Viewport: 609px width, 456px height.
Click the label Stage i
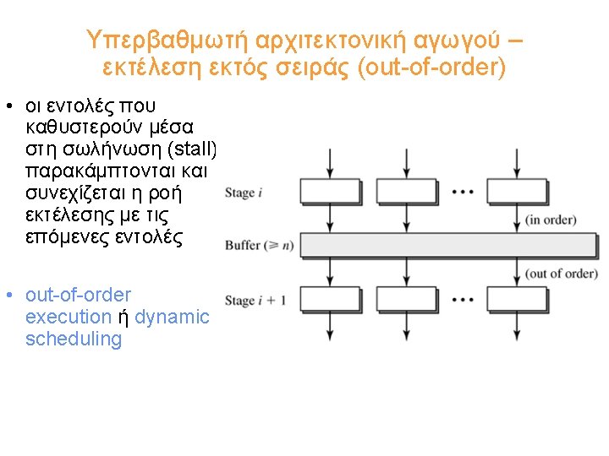[x=244, y=193]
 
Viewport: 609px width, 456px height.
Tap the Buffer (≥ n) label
[x=258, y=246]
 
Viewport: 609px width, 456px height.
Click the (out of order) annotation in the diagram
[x=562, y=273]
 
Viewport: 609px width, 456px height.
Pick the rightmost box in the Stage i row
[x=517, y=193]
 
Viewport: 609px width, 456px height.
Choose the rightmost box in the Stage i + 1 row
[x=517, y=300]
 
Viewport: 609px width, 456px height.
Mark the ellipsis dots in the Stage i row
[x=463, y=192]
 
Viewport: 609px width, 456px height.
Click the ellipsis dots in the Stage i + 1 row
[x=463, y=300]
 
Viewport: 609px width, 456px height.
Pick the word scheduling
[x=74, y=339]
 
